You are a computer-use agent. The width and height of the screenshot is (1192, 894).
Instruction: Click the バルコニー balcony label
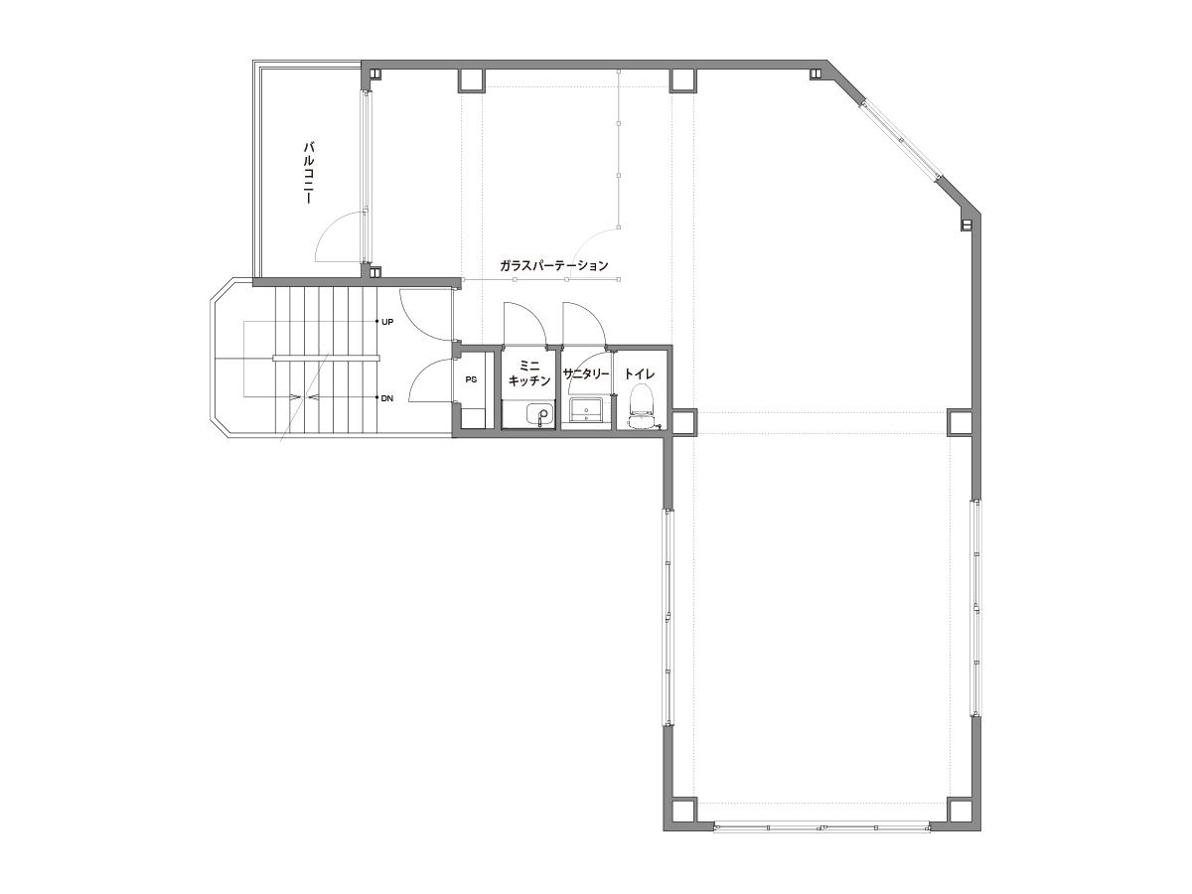[x=309, y=173]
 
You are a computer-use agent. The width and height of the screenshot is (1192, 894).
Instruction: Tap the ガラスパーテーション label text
[x=553, y=266]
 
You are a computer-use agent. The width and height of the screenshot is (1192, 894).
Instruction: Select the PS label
[x=471, y=380]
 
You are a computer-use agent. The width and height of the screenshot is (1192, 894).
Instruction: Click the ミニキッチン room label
[x=528, y=372]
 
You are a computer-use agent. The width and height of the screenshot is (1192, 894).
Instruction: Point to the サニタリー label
[x=585, y=374]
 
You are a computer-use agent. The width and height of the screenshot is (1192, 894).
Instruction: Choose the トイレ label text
[x=640, y=373]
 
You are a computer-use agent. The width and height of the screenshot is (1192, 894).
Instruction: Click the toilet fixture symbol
[x=643, y=406]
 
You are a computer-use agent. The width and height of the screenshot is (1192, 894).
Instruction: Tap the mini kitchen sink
[x=539, y=415]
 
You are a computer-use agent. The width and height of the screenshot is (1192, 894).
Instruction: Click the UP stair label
[x=387, y=322]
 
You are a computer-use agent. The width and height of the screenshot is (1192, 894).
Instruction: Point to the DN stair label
[x=386, y=398]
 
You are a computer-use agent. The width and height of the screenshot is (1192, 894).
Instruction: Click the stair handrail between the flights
[x=326, y=359]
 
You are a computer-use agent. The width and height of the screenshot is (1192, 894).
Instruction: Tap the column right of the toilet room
[x=683, y=423]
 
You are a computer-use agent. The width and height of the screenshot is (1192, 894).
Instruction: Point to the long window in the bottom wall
[x=821, y=842]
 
